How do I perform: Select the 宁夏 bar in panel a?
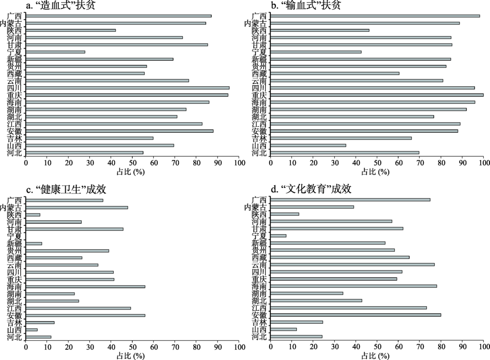(x=55, y=52)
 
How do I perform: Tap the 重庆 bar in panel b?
(x=377, y=95)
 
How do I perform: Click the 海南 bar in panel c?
(x=86, y=287)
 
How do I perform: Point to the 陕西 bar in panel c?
(x=33, y=215)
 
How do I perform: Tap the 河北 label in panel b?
(x=259, y=153)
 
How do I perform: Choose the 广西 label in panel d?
(x=259, y=200)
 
